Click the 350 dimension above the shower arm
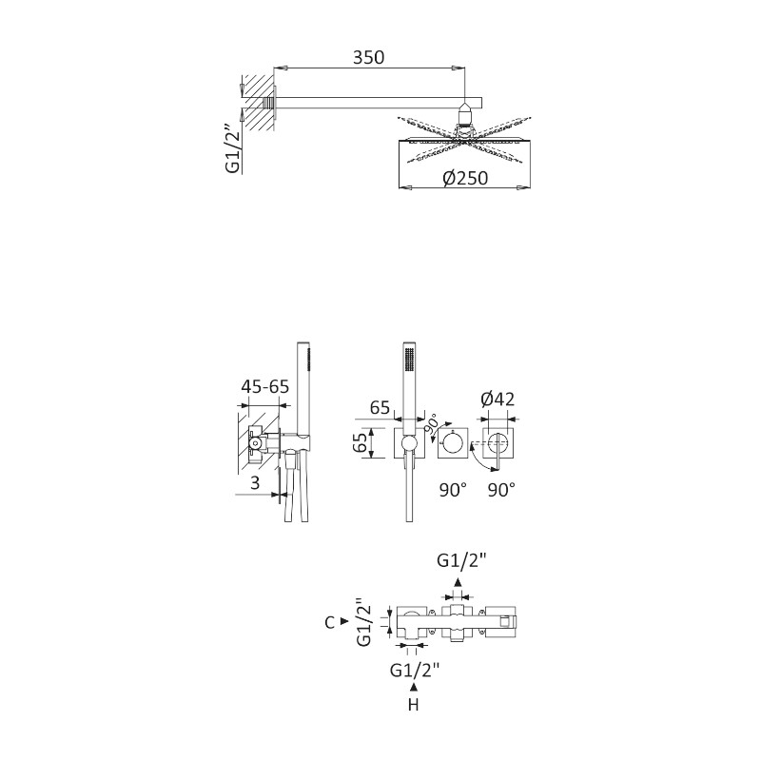click(x=368, y=57)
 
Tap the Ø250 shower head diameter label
click(x=465, y=178)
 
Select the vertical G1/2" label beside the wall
click(x=233, y=148)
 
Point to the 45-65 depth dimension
click(x=265, y=387)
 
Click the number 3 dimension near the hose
click(x=255, y=483)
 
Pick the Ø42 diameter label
click(x=498, y=399)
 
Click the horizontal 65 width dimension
click(x=380, y=407)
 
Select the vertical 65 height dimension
click(x=361, y=443)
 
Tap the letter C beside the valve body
click(x=330, y=622)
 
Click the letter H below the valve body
click(x=414, y=704)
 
